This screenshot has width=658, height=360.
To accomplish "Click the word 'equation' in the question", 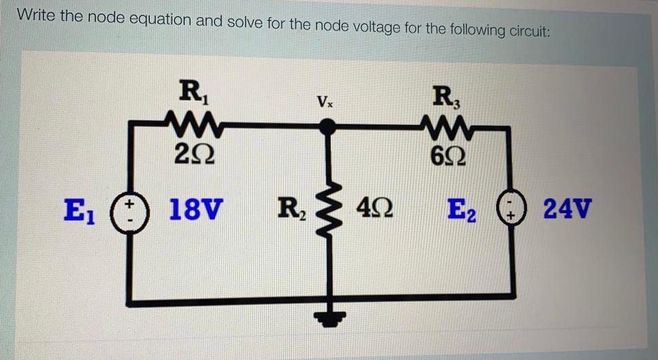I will (x=161, y=20).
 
